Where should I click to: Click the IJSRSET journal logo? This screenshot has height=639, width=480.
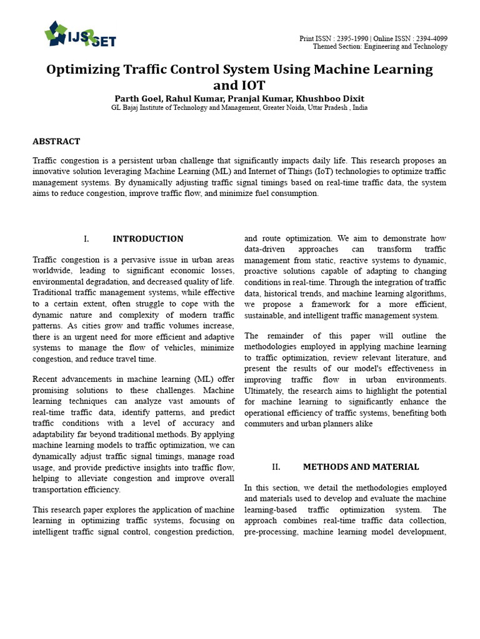pyautogui.click(x=80, y=34)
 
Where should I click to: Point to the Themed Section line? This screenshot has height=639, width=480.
pyautogui.click(x=380, y=47)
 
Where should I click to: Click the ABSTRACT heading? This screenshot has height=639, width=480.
pyautogui.click(x=56, y=142)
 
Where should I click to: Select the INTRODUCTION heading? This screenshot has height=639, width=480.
pyautogui.click(x=147, y=239)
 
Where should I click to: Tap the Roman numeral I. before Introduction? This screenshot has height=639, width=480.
pyautogui.click(x=86, y=239)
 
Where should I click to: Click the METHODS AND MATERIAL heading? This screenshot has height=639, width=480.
pyautogui.click(x=361, y=467)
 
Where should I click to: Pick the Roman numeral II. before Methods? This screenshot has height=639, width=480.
pyautogui.click(x=276, y=467)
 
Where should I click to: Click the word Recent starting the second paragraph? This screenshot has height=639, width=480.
pyautogui.click(x=48, y=379)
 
